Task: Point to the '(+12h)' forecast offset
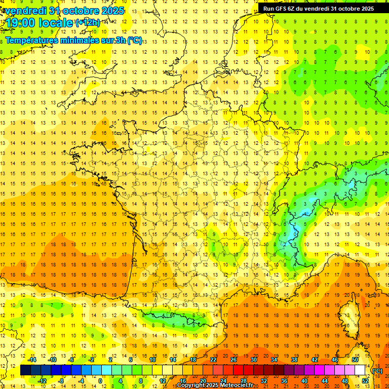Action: (88, 23)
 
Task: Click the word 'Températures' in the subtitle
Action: (30, 41)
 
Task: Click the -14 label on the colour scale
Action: (33, 360)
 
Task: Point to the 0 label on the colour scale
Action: (100, 380)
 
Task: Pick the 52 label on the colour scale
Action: (365, 380)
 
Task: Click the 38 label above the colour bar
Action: (294, 360)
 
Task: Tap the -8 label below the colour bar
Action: (62, 380)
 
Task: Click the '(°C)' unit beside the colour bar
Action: (377, 370)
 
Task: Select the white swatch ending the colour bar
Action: (360, 370)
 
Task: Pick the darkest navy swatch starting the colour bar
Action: (25, 370)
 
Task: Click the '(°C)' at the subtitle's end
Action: (135, 41)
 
